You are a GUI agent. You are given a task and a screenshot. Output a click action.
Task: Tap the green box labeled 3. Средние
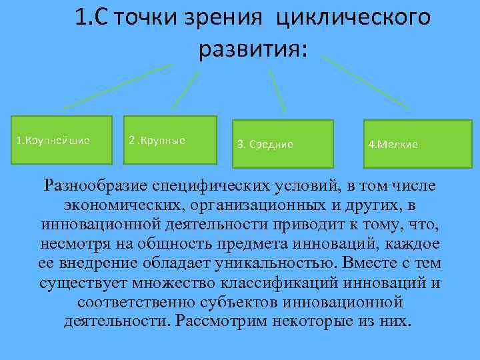(283, 143)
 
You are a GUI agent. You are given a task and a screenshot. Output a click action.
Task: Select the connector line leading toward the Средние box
(276, 89)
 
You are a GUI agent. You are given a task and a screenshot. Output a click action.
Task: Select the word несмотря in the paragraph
(71, 243)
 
